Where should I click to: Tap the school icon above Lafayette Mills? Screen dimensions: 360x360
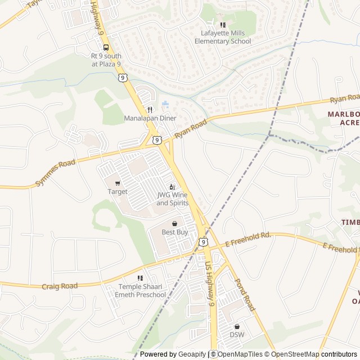[x=223, y=25]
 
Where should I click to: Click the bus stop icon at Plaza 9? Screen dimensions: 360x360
[x=106, y=47]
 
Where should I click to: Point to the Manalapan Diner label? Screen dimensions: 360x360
[x=150, y=118]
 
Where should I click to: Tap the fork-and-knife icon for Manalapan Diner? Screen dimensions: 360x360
[x=150, y=109]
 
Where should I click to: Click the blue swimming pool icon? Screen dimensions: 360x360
[x=165, y=105]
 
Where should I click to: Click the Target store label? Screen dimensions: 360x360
[x=118, y=192]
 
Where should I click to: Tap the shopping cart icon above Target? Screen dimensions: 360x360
[x=118, y=183]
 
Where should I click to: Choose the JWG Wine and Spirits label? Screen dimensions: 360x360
[x=172, y=199]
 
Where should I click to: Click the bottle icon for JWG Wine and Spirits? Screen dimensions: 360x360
[x=172, y=187]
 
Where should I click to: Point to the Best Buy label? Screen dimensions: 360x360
[x=175, y=232]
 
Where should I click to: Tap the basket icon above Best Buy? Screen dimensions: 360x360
[x=175, y=223]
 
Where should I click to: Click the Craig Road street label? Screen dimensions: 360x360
[x=60, y=286]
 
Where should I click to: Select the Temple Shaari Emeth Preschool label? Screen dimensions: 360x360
[x=141, y=291]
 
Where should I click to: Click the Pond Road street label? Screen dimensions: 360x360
[x=245, y=295]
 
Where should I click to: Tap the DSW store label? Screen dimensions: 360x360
[x=237, y=335]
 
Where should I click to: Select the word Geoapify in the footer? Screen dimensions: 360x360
[x=192, y=354]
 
